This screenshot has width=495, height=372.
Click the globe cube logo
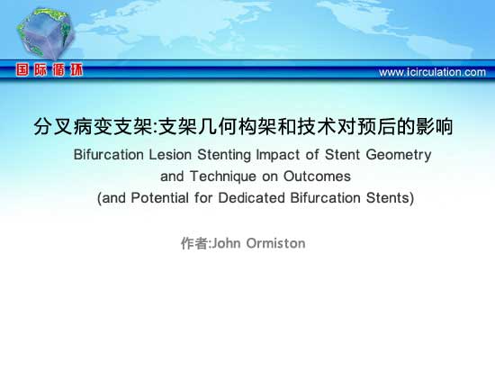[x=46, y=32]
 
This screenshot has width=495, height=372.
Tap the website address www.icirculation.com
[x=432, y=72]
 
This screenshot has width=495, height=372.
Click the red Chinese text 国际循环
[x=49, y=69]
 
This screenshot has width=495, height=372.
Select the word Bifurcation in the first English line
[x=109, y=155]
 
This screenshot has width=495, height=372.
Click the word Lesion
[x=170, y=155]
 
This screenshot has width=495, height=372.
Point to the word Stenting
[x=224, y=155]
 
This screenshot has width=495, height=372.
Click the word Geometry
[x=399, y=155]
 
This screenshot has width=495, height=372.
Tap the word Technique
[x=223, y=177]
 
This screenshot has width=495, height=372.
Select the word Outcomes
[x=317, y=176]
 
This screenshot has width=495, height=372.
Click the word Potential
[x=159, y=198]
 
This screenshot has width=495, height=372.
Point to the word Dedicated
[x=252, y=198]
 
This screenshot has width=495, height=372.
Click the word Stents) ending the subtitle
[x=390, y=198]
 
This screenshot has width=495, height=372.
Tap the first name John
[x=226, y=243]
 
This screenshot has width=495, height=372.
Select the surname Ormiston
[x=275, y=243]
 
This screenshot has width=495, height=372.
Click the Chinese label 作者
[x=194, y=243]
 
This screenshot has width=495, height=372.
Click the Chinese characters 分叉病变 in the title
[x=74, y=126]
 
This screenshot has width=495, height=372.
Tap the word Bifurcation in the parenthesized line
[x=325, y=198]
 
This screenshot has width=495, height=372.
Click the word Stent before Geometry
[x=343, y=155]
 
